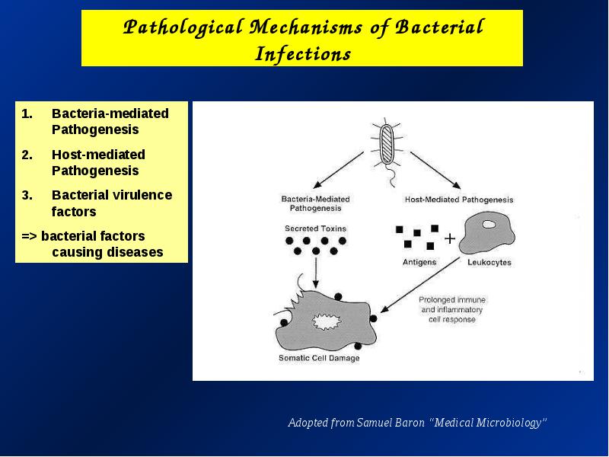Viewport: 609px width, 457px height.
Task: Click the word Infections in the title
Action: point(303,53)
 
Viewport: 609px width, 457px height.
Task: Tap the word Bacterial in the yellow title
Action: point(439,27)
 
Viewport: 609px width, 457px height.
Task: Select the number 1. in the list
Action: point(27,113)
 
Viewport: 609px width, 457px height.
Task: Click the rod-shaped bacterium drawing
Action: point(387,143)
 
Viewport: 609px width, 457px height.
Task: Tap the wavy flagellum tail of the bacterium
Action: point(391,176)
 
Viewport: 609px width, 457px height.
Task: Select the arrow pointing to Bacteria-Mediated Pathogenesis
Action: point(338,170)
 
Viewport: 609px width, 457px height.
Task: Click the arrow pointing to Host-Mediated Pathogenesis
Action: point(435,170)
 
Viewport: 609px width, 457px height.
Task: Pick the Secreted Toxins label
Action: point(315,228)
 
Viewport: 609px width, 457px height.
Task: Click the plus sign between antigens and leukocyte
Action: point(450,238)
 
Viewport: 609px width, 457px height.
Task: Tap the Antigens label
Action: point(419,262)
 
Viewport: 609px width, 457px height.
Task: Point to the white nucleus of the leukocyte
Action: point(489,224)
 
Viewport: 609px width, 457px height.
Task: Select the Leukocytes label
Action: point(489,262)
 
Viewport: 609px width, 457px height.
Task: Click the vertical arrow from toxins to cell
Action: point(316,273)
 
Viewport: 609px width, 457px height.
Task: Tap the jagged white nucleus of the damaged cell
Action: point(327,321)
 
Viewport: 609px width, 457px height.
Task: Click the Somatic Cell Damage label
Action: point(319,358)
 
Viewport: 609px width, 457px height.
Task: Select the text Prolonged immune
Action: point(452,300)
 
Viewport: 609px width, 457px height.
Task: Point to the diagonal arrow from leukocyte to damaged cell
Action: point(420,285)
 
